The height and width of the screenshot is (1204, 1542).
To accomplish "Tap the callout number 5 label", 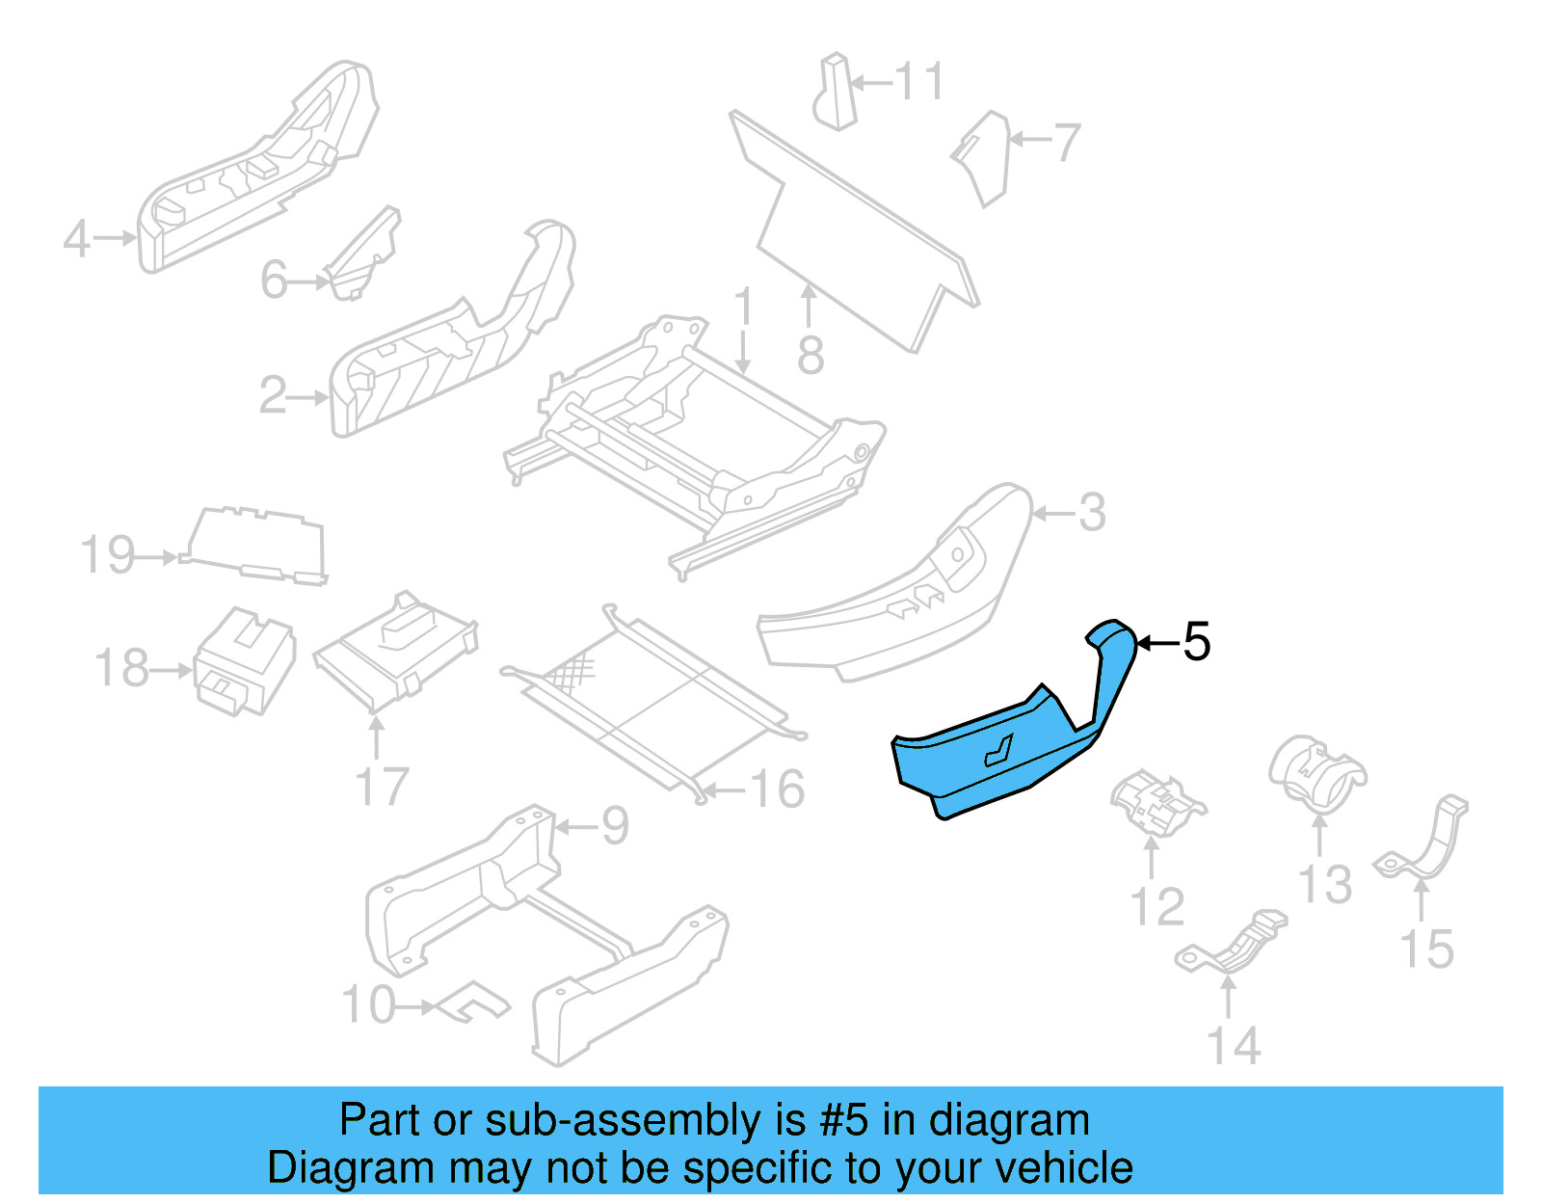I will click(1196, 642).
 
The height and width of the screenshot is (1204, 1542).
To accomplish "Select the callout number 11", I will click(919, 82).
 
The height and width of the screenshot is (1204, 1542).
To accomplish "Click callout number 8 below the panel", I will click(811, 356).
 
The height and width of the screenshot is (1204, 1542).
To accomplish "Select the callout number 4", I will click(77, 238).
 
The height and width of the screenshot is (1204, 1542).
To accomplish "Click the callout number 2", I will click(273, 396).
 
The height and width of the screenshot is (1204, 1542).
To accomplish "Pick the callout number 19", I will click(107, 556).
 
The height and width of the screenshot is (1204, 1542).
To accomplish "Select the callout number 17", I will click(382, 788).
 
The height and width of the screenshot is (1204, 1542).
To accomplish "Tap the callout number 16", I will click(777, 789).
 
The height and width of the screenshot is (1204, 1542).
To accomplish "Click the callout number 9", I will click(615, 826).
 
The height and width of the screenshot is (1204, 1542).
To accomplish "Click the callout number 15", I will click(1426, 950).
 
